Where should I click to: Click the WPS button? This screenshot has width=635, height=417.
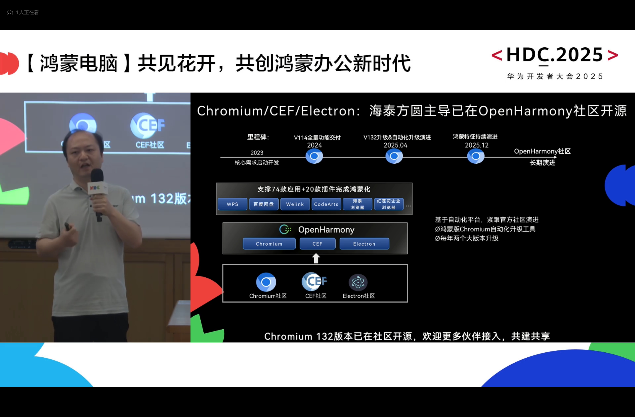pos(232,204)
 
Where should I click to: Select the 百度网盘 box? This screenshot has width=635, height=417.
pos(264,204)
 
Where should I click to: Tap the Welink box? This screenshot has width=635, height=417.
pos(295,204)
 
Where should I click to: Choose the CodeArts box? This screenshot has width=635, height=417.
pos(326,204)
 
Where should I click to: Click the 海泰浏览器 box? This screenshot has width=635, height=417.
pos(357,204)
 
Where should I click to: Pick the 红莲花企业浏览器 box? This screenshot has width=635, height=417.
pos(389,204)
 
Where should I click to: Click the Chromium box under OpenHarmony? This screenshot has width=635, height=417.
pos(269,244)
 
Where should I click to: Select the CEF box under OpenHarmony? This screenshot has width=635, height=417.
pos(317,244)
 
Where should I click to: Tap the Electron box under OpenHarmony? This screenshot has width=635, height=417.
pos(364,244)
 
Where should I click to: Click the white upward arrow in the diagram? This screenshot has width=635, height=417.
pos(316,258)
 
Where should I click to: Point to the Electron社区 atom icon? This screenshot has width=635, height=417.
pos(358,282)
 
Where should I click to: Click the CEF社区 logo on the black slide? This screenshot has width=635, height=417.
pos(314,281)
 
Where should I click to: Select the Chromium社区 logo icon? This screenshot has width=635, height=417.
pos(266,282)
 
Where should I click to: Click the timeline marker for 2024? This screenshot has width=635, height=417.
pos(314,156)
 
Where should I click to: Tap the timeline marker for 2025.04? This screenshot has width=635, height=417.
pos(394,156)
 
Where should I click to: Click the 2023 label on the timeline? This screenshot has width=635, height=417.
pos(257,153)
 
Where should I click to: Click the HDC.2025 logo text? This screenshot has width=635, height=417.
pos(555,55)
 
